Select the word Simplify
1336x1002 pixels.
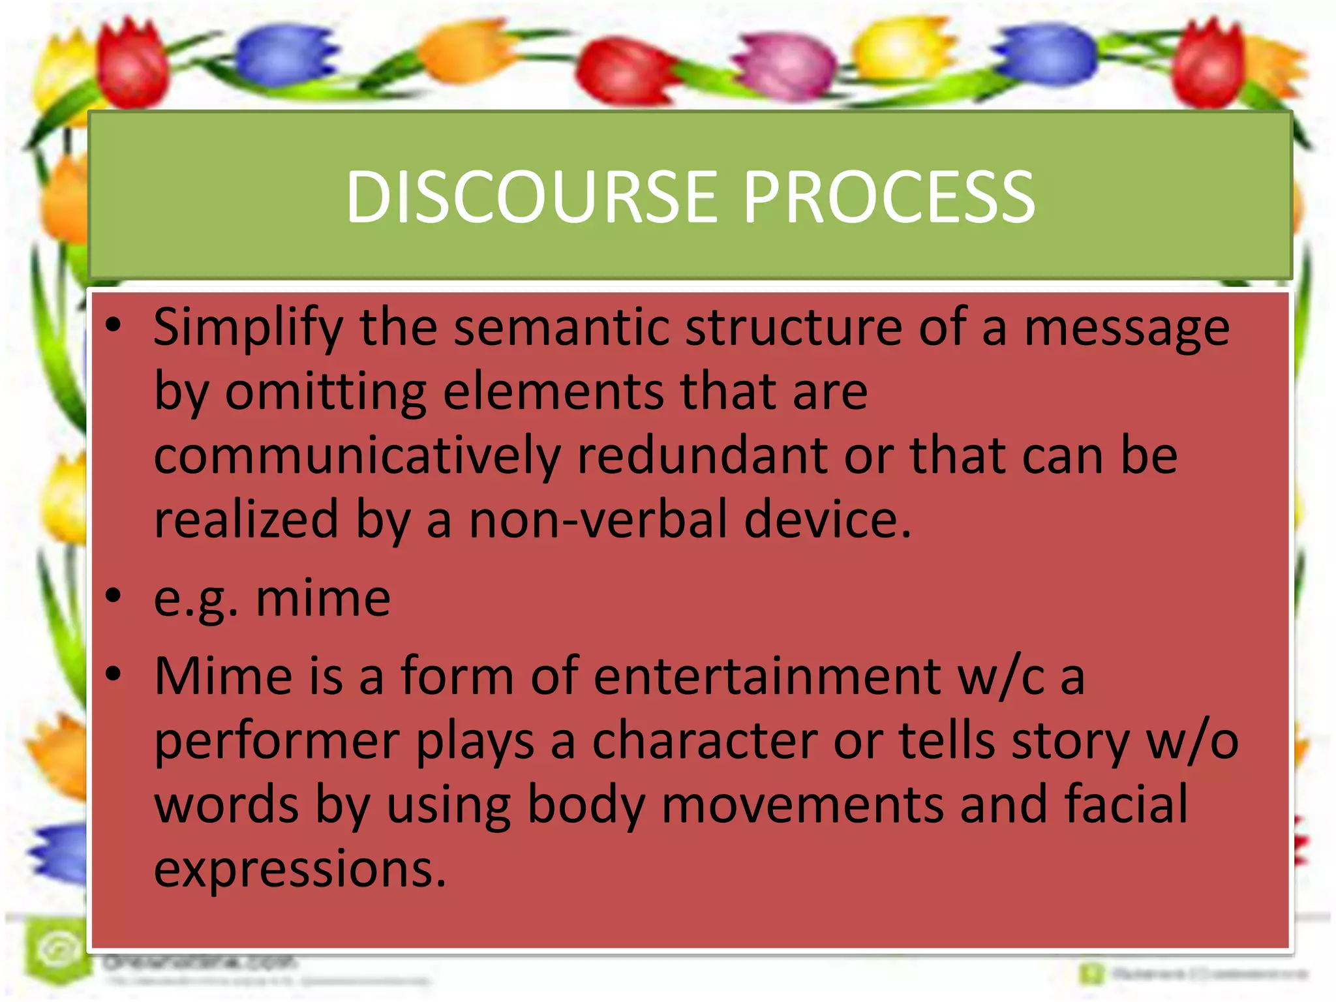pyautogui.click(x=248, y=327)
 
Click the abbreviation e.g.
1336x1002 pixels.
pyautogui.click(x=195, y=599)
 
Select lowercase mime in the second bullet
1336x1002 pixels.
pyautogui.click(x=323, y=598)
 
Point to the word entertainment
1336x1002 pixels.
pyautogui.click(x=767, y=676)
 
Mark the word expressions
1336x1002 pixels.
pyautogui.click(x=300, y=869)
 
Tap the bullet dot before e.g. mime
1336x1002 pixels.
pyautogui.click(x=114, y=596)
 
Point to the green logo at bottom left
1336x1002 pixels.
pyautogui.click(x=57, y=950)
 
